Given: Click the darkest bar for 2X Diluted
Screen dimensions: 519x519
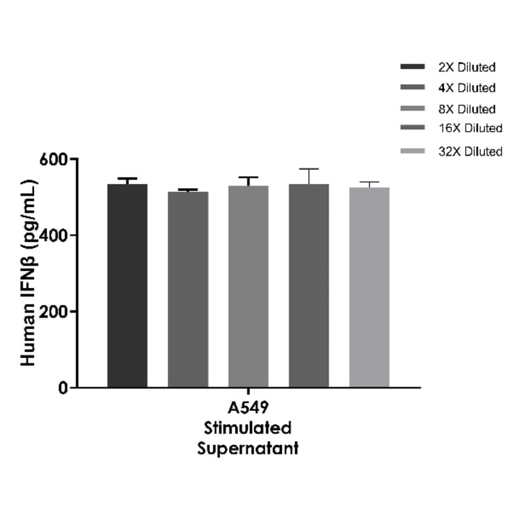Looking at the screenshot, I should pos(127,285).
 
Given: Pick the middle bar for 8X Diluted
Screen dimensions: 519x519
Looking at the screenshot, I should pos(248,286).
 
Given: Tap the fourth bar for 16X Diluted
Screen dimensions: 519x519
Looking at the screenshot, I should pos(308,285).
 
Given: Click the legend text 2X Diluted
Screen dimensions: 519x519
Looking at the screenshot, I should pos(467,67).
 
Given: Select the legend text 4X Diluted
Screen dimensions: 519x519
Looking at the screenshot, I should pos(467,88).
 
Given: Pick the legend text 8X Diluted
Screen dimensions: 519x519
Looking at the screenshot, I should pos(467,109).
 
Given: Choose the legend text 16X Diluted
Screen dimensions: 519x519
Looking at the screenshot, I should pos(470,128).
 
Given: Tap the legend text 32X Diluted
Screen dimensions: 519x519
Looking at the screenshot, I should pos(470,151).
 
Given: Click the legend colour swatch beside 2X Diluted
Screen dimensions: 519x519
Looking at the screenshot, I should pos(412,67).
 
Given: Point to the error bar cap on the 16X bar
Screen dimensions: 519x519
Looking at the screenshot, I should pos(308,168).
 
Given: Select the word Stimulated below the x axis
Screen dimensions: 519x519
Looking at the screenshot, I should pos(248,429).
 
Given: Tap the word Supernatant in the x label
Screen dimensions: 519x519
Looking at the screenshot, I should pos(248,449).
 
